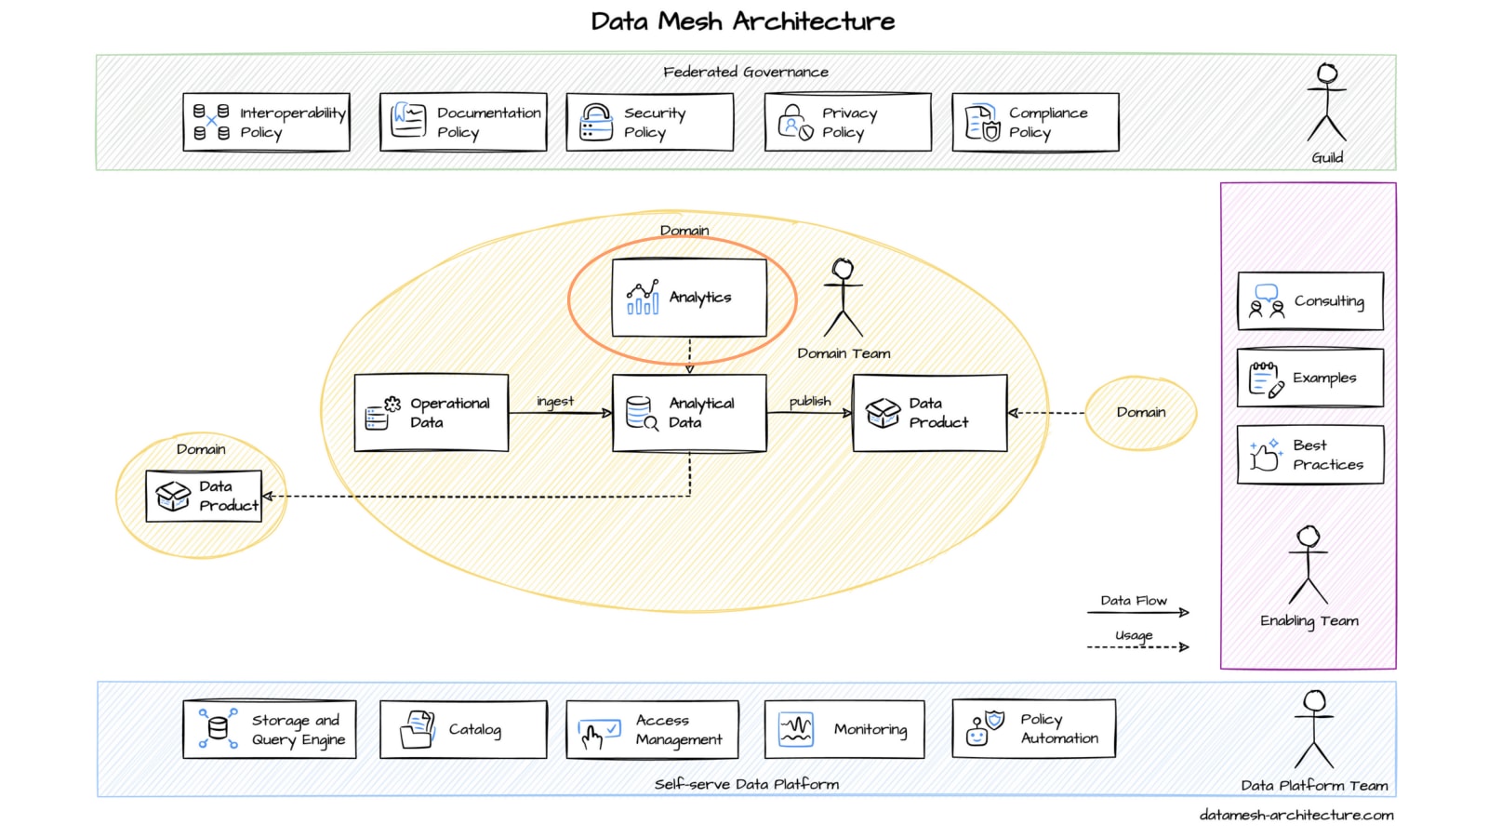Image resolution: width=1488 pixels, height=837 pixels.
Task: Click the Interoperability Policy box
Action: click(266, 122)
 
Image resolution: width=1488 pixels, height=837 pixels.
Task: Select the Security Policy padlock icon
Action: click(595, 122)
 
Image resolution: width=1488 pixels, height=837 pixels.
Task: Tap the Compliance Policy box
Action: click(1035, 122)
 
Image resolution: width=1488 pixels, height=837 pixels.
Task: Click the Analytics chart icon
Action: click(643, 298)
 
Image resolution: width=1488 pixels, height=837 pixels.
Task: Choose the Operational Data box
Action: click(432, 413)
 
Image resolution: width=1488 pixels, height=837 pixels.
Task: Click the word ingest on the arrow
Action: click(555, 401)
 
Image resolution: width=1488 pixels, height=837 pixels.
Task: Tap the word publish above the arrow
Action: click(810, 401)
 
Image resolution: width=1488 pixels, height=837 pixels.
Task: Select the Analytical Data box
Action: click(689, 413)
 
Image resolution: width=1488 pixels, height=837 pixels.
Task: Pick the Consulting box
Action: click(1310, 301)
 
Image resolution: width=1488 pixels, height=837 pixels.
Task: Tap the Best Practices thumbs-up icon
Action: click(1265, 456)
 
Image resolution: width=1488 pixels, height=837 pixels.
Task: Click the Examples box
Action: click(1310, 378)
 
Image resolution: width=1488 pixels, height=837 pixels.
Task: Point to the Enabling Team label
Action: click(1309, 620)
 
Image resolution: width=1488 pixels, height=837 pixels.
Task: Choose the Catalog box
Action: click(463, 730)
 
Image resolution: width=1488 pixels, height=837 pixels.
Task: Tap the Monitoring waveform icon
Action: click(796, 730)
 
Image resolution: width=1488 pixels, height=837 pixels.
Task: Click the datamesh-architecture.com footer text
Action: click(1296, 815)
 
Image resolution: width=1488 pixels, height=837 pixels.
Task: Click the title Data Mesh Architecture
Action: click(743, 21)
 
